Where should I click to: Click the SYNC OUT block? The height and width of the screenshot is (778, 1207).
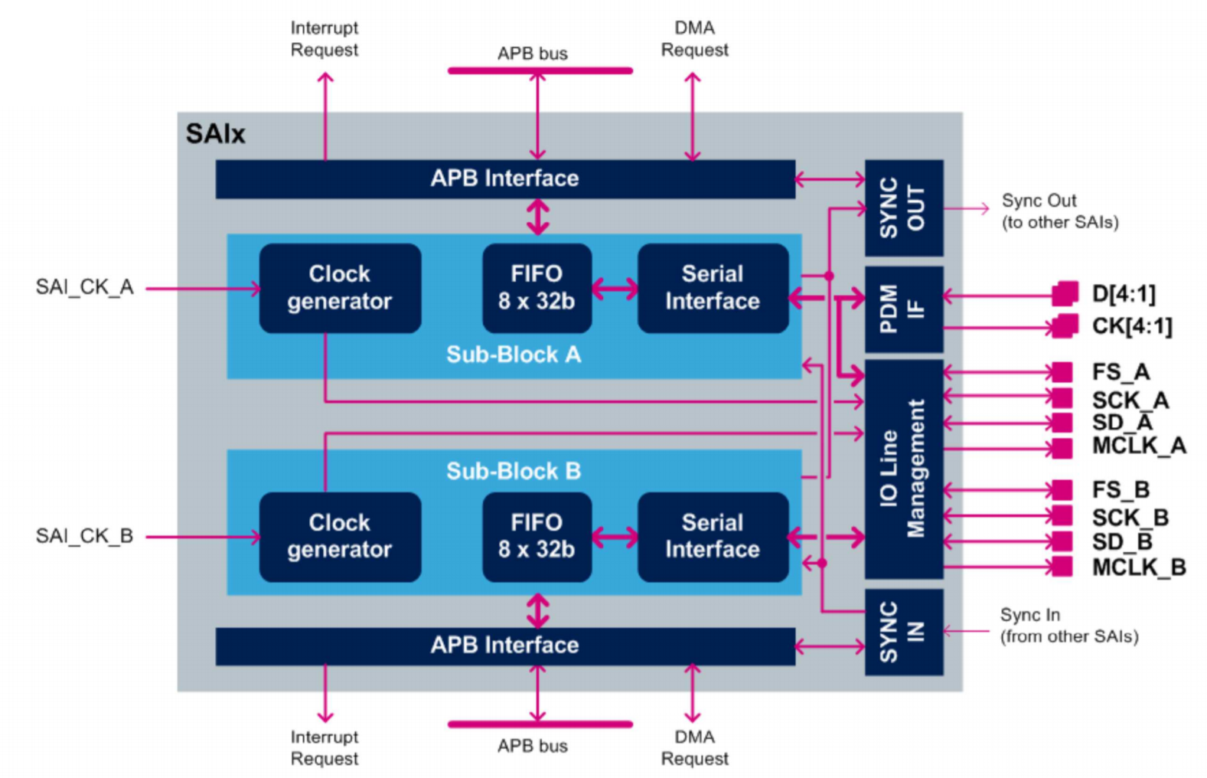[x=903, y=208]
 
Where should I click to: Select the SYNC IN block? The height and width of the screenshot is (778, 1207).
[x=903, y=632]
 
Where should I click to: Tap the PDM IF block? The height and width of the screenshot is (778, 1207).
[x=903, y=309]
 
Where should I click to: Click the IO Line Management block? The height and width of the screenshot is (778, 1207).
[x=903, y=469]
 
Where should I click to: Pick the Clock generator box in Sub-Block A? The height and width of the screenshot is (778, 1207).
[x=339, y=288]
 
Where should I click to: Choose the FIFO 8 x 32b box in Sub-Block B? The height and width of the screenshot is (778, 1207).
[x=537, y=536]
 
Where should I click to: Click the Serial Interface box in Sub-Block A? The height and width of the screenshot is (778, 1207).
[x=712, y=288]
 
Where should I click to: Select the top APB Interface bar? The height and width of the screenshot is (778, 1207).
[x=504, y=178]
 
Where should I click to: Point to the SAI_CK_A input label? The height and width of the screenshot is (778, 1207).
[x=84, y=287]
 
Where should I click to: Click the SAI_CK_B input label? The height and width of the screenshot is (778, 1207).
[x=84, y=536]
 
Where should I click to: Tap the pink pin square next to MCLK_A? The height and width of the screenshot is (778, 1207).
[x=1062, y=448]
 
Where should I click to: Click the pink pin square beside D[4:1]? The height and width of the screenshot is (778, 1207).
[x=1065, y=293]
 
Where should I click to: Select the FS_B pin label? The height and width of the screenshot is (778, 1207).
[x=1121, y=489]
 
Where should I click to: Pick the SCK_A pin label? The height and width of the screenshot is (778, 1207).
[x=1130, y=400]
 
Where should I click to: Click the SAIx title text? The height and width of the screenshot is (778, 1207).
[x=215, y=134]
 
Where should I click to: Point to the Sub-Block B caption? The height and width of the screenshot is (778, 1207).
[x=513, y=470]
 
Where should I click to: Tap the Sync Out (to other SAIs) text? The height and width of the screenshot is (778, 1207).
[x=1059, y=211]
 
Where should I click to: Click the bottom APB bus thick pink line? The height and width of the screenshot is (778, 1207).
[x=540, y=724]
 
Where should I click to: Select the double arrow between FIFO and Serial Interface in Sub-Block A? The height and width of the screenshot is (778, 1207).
[x=614, y=289]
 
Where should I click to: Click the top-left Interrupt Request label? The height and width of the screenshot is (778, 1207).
[x=324, y=39]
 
